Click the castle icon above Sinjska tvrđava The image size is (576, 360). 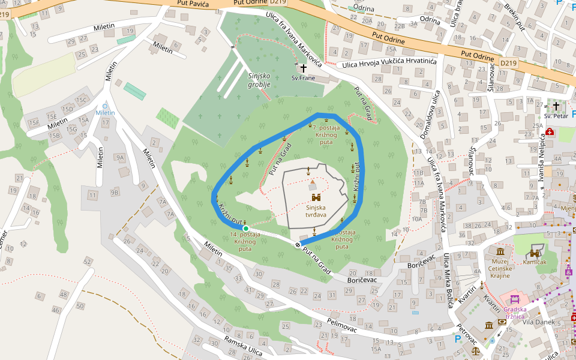316,197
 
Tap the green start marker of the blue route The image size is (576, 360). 245,228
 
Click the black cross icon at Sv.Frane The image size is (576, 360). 303,68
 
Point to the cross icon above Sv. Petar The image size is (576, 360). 556,105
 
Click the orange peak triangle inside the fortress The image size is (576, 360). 312,181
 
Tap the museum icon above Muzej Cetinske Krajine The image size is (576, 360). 500,250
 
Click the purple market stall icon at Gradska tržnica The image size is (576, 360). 514,299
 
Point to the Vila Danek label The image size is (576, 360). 539,322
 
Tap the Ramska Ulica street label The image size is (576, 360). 244,346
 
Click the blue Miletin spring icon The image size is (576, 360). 105,106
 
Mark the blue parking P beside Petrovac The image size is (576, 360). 458,339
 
